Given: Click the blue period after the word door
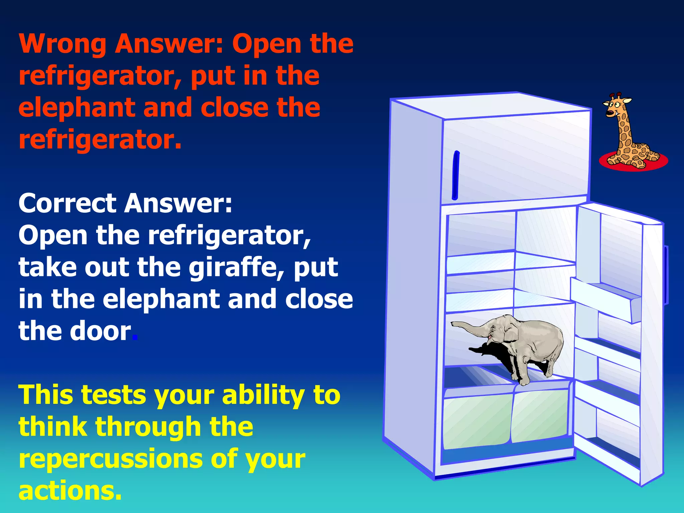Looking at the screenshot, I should [x=135, y=338].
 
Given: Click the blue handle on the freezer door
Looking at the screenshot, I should [x=455, y=175].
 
